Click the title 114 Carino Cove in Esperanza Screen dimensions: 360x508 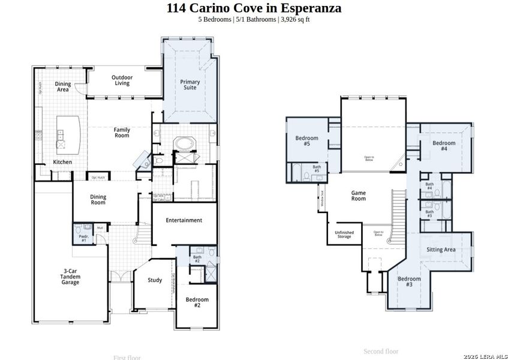(254, 8)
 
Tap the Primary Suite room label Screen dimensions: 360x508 (190, 85)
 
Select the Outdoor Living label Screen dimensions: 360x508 (122, 80)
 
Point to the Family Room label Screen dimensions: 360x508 (122, 133)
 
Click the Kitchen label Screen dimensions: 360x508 (62, 162)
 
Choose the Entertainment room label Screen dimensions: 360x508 (184, 220)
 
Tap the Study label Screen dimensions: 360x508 (155, 280)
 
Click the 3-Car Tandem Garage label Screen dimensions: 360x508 (70, 277)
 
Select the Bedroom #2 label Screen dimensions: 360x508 (197, 302)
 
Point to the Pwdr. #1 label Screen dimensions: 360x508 (83, 238)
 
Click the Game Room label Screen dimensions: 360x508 (359, 196)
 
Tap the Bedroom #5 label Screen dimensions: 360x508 (306, 141)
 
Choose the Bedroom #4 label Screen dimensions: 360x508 (444, 146)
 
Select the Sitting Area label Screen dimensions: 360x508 (441, 250)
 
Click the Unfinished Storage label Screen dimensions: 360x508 (344, 235)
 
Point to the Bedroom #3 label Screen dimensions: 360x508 (409, 281)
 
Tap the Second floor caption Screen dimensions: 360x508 (381, 351)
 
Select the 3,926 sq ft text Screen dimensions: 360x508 (294, 19)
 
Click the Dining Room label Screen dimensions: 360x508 (98, 200)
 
